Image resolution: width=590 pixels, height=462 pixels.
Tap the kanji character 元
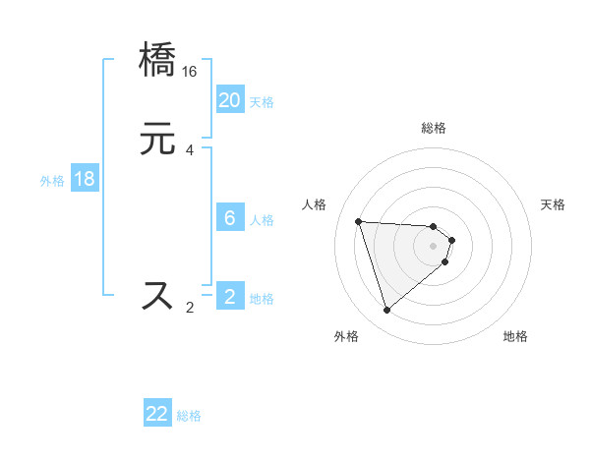pos(158,140)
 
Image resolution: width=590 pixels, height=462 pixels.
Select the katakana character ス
pos(158,296)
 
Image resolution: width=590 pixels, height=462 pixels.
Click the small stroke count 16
pos(190,72)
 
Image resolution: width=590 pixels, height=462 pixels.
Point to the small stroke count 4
pos(190,150)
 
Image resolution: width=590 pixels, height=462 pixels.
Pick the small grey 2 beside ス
pos(190,307)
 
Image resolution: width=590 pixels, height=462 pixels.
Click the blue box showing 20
pos(230,100)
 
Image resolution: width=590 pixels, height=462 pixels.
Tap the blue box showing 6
pos(230,218)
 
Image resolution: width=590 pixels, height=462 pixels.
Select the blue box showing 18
pos(85,179)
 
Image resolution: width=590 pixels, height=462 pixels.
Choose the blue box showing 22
pos(157,414)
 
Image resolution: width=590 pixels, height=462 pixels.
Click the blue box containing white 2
pos(230,297)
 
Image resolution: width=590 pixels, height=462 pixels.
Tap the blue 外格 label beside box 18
pos(52,181)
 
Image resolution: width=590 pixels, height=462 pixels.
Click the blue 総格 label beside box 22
pos(189,416)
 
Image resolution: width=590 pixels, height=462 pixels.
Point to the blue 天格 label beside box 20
pos(262,102)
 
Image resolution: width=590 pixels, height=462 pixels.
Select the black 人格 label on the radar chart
pos(315,204)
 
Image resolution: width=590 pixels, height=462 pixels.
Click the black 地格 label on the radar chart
pos(515,337)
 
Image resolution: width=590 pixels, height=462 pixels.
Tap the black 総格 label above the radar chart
pos(434,128)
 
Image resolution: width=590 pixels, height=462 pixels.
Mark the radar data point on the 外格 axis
pos(386,311)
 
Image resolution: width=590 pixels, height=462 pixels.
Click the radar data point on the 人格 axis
pos(359,221)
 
